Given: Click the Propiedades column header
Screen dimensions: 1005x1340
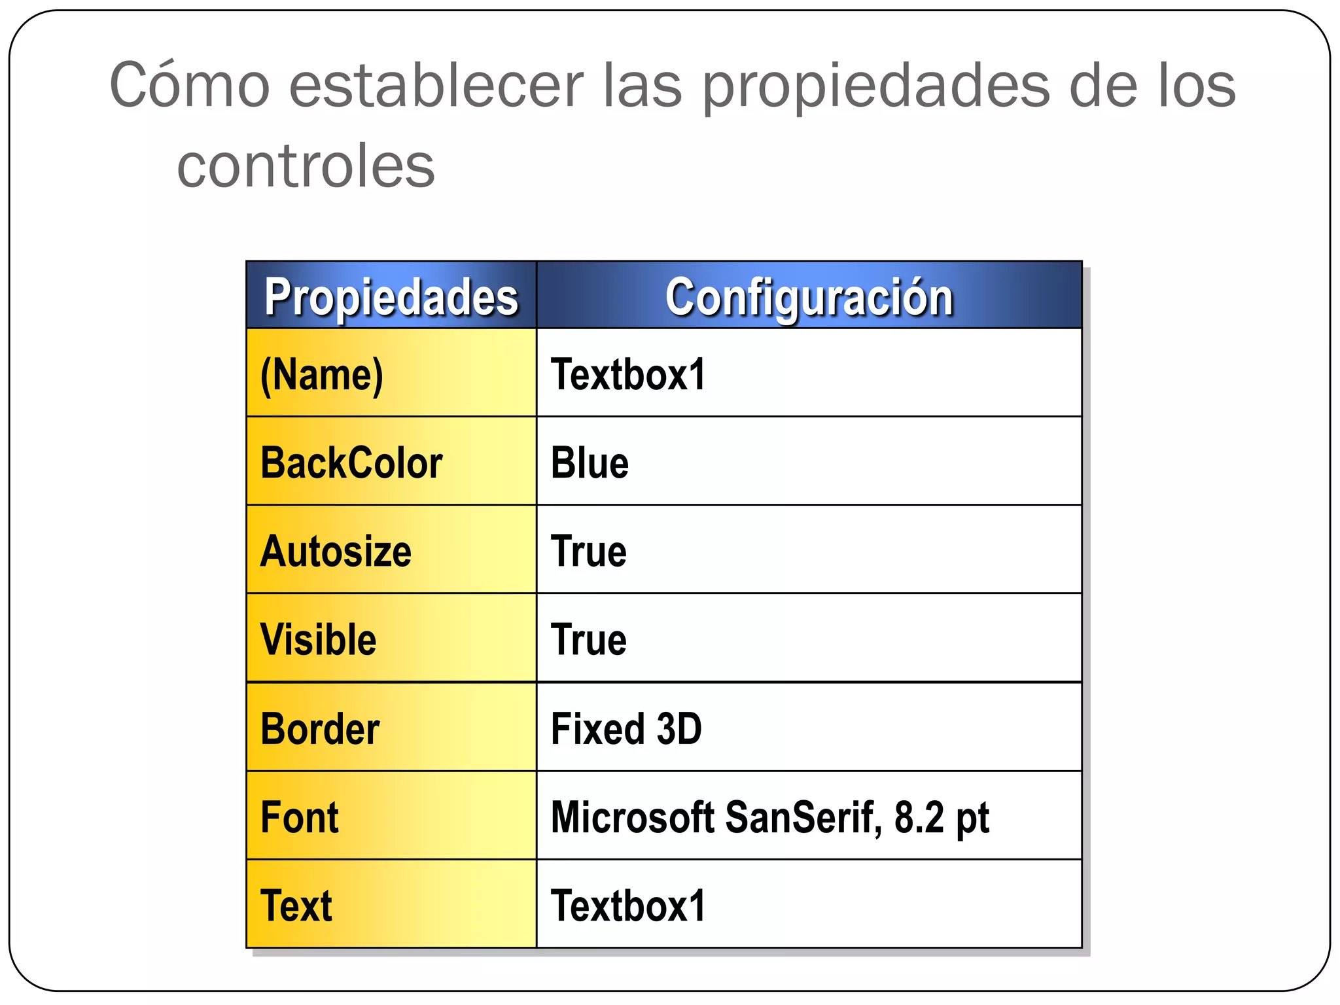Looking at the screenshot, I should tap(391, 297).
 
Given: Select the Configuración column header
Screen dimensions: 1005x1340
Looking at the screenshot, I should tap(809, 297).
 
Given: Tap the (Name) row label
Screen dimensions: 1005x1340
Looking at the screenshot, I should tap(322, 375).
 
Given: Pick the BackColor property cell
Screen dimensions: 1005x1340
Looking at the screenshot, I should tap(351, 463).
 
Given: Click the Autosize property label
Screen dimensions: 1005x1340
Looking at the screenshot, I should tap(336, 551).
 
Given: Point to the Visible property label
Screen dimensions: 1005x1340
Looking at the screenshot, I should tap(318, 639).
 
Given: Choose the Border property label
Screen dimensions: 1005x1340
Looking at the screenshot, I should tap(320, 728).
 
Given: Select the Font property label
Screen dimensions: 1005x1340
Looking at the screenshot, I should tap(300, 817).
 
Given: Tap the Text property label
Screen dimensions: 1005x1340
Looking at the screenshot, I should tap(296, 906).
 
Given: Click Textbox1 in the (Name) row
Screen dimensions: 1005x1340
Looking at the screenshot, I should tap(628, 375).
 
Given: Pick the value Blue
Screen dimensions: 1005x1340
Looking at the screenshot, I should tap(590, 463).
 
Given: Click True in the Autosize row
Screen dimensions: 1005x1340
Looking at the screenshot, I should tap(588, 551).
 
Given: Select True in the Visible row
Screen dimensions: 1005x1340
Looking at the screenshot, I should tap(588, 639).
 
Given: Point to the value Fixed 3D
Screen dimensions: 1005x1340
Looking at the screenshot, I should tap(626, 728).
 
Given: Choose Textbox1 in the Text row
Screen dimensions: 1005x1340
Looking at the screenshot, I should tap(628, 906).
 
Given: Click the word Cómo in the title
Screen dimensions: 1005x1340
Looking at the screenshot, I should tap(190, 85).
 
